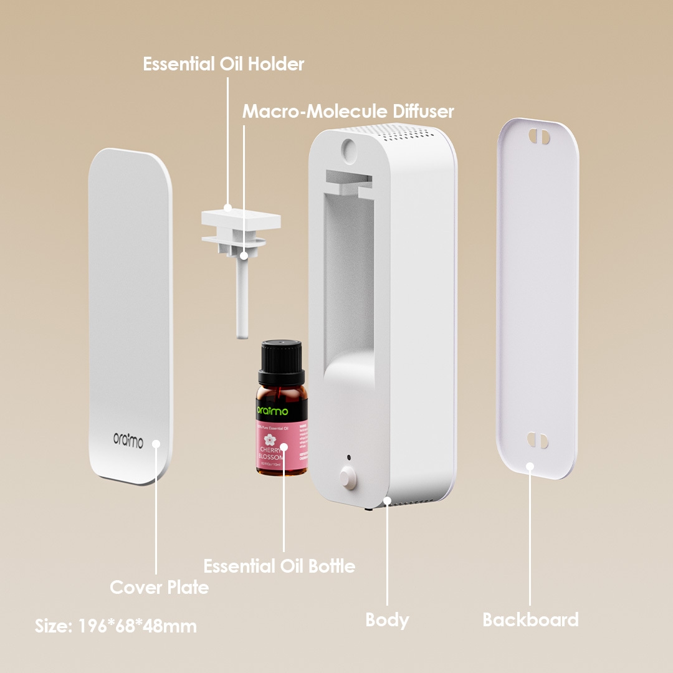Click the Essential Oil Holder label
[223, 64]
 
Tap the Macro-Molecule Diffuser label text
[348, 112]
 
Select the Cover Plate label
[159, 587]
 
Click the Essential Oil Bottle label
[279, 566]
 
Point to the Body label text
[387, 620]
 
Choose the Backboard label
[530, 620]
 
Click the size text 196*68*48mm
[115, 626]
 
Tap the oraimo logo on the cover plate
[128, 441]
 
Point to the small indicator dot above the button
[348, 457]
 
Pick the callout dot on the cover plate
[156, 444]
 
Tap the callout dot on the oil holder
[228, 208]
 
